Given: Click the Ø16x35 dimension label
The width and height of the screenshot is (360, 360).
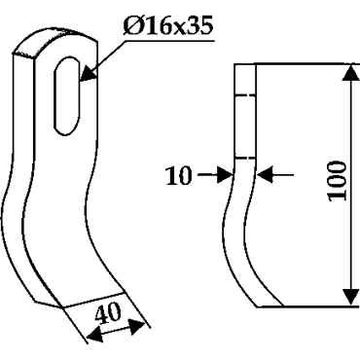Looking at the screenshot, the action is tap(168, 26).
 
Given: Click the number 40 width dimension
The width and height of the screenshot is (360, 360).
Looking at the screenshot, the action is tap(108, 312).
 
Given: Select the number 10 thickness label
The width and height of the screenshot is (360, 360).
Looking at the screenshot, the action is tap(179, 176).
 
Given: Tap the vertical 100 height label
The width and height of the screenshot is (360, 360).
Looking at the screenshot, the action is tap(338, 180).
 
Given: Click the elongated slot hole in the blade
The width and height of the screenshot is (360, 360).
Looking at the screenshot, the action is tap(66, 95).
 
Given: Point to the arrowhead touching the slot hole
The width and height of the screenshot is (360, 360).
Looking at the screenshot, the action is tap(87, 73).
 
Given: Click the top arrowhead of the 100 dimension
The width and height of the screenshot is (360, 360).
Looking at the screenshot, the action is tap(351, 72).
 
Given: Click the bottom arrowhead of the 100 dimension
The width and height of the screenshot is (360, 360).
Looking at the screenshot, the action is tap(351, 296).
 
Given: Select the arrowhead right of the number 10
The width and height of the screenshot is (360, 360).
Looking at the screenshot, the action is tap(225, 175).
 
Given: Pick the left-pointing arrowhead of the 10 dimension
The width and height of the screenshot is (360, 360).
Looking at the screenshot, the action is tap(264, 175).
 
